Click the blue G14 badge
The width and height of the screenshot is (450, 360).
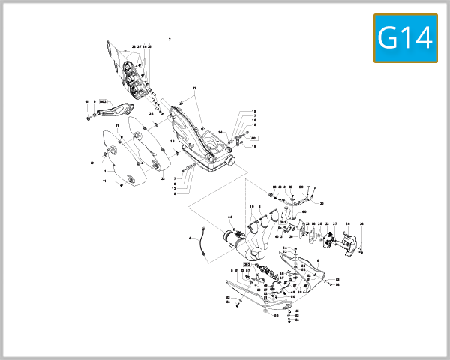pos(405,37)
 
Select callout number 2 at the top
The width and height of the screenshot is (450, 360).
pos(170,39)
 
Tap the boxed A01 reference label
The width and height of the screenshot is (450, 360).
pos(254,139)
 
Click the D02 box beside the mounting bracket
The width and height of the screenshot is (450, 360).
pos(103,100)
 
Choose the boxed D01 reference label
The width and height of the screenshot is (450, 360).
pos(283,223)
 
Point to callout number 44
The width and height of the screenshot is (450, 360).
pos(230,217)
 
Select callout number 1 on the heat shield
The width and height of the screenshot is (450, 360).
pos(106,171)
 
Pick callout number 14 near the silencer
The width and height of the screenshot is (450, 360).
pos(220,132)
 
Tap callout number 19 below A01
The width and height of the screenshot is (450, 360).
pos(254,147)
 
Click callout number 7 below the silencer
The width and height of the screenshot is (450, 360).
pos(174,178)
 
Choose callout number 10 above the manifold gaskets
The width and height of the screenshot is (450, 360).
pos(250,206)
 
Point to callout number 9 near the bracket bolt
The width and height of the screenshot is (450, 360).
pos(94,100)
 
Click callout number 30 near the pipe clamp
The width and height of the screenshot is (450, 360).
pos(322,202)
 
